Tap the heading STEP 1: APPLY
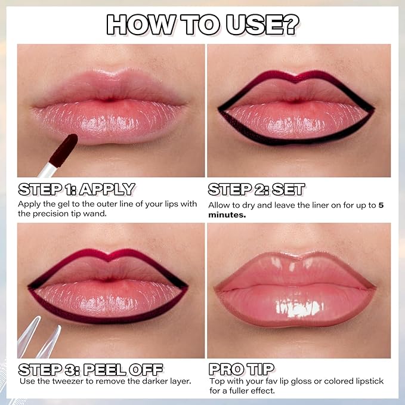tap(76, 189)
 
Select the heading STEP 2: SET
tap(256, 189)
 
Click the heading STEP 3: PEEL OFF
tap(90, 369)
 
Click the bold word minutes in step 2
tap(227, 215)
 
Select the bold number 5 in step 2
tap(381, 205)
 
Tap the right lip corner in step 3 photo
tap(186, 286)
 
